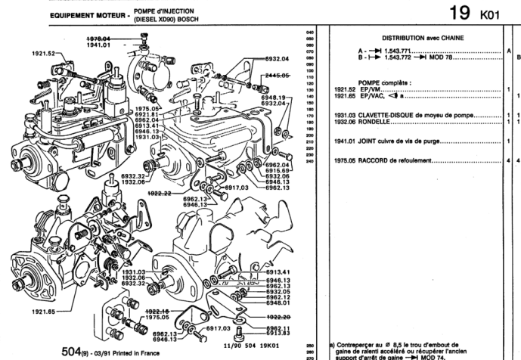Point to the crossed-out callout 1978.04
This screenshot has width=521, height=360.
pyautogui.click(x=98, y=37)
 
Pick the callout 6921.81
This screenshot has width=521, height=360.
pyautogui.click(x=147, y=113)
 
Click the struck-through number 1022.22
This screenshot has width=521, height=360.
pyautogui.click(x=159, y=194)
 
